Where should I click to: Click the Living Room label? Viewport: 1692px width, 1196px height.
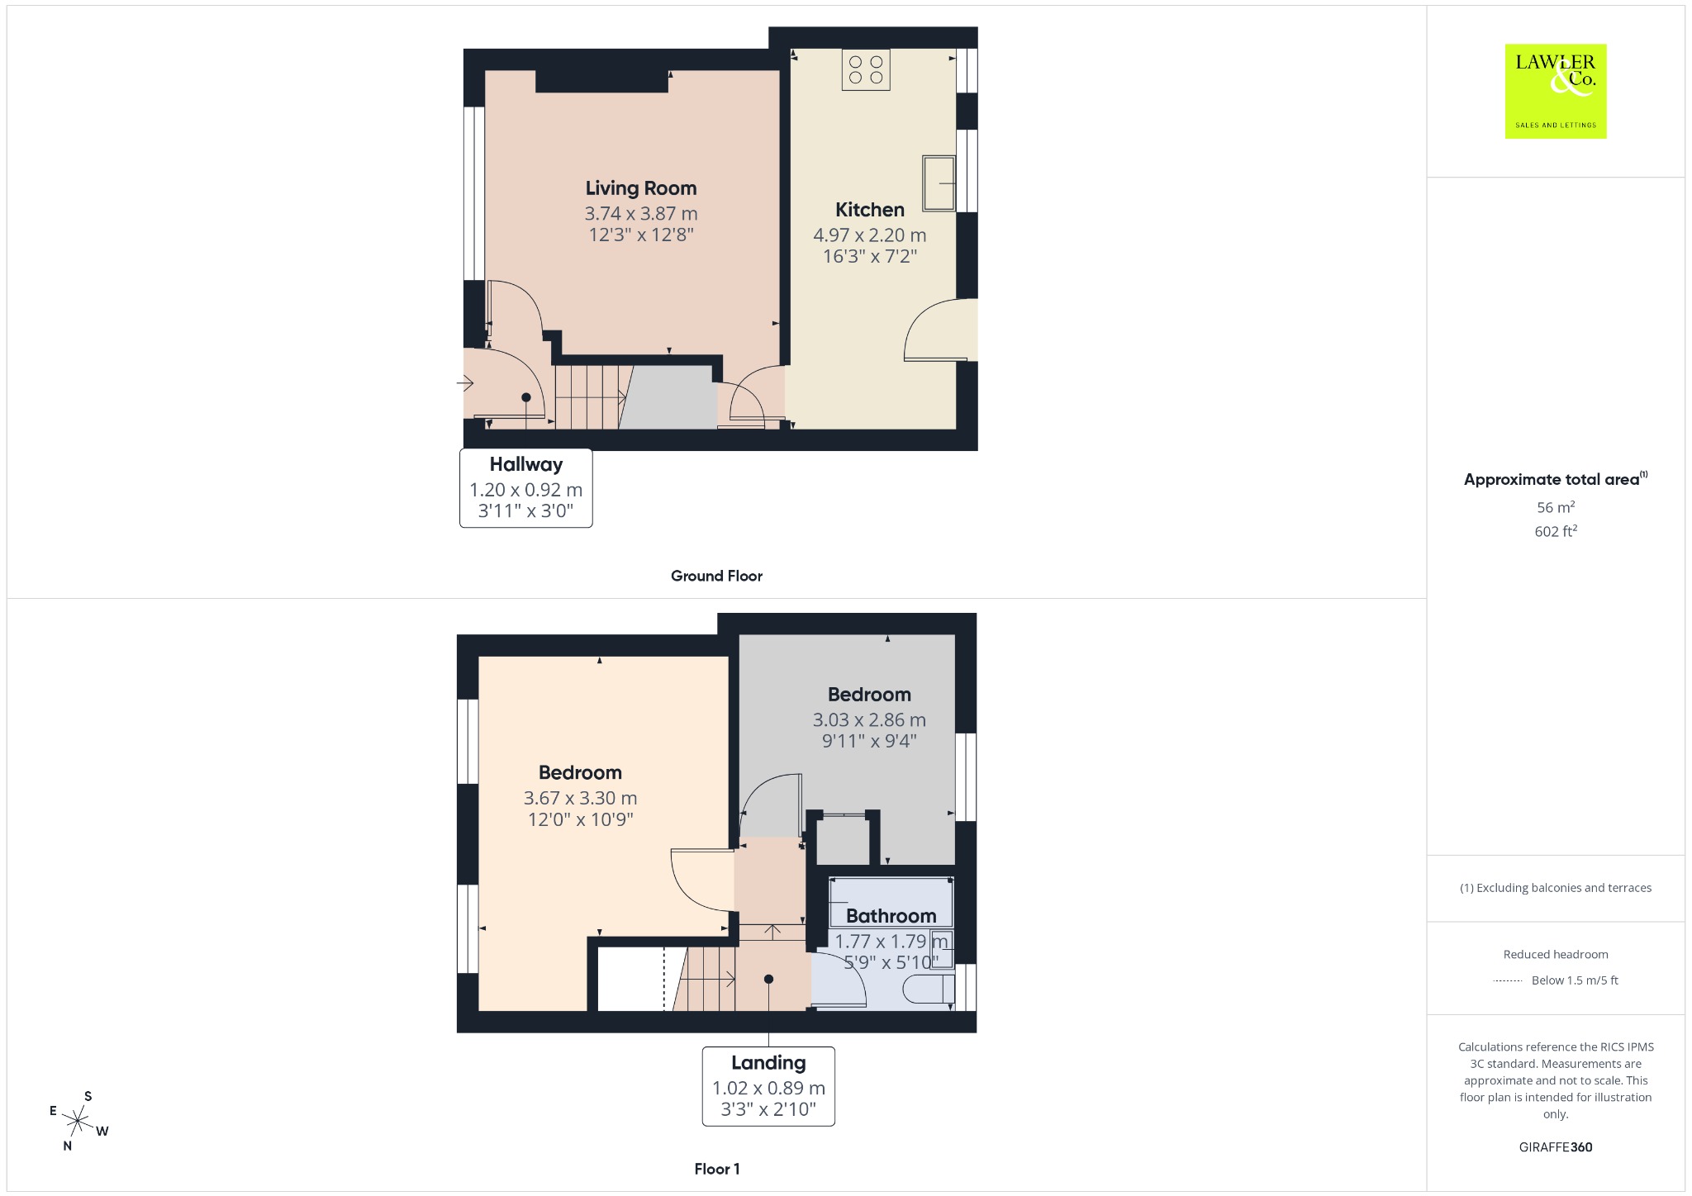click(x=641, y=188)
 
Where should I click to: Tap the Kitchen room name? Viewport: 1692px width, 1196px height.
click(x=870, y=210)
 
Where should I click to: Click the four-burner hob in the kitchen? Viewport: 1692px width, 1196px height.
click(x=866, y=69)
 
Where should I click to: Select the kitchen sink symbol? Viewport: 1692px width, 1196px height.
click(x=939, y=183)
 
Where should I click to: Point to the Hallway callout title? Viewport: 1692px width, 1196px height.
click(x=526, y=464)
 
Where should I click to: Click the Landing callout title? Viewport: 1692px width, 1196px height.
click(x=768, y=1063)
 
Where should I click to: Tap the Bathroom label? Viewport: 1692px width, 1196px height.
click(x=891, y=916)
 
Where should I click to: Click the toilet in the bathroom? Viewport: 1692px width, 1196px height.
click(x=930, y=989)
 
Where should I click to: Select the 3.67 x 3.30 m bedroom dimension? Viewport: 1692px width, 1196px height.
click(x=580, y=798)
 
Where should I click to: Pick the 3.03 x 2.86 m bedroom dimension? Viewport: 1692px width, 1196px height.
click(x=869, y=720)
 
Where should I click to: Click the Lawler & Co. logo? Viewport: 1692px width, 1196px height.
click(x=1556, y=91)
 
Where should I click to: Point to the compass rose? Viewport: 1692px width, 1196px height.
click(x=78, y=1121)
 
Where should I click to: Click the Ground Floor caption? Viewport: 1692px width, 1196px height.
click(x=716, y=576)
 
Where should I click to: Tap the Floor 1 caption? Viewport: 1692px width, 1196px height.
click(x=717, y=1169)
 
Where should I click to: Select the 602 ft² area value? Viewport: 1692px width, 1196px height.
click(x=1556, y=531)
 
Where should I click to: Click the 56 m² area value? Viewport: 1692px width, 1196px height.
click(x=1556, y=507)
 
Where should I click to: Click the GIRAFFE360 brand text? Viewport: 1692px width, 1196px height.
click(x=1556, y=1146)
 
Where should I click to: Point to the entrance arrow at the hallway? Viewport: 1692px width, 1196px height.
click(x=464, y=383)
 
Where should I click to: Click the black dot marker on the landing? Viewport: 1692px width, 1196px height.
click(x=768, y=979)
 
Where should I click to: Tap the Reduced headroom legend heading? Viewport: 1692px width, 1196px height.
click(x=1556, y=954)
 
